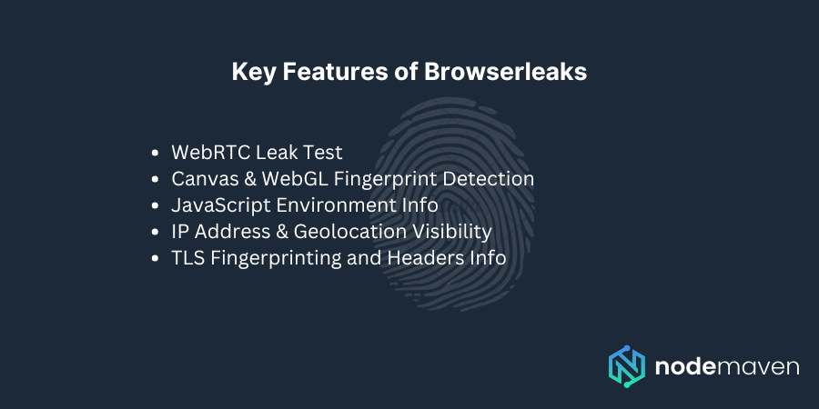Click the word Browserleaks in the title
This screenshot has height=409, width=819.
pyautogui.click(x=506, y=73)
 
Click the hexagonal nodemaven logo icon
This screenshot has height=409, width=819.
pyautogui.click(x=627, y=366)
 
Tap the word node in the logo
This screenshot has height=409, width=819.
pyautogui.click(x=683, y=367)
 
